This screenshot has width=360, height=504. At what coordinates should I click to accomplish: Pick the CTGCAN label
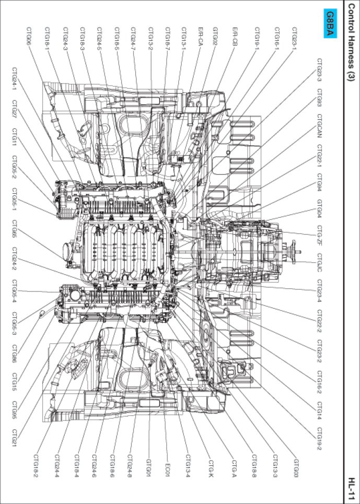point(319,129)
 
